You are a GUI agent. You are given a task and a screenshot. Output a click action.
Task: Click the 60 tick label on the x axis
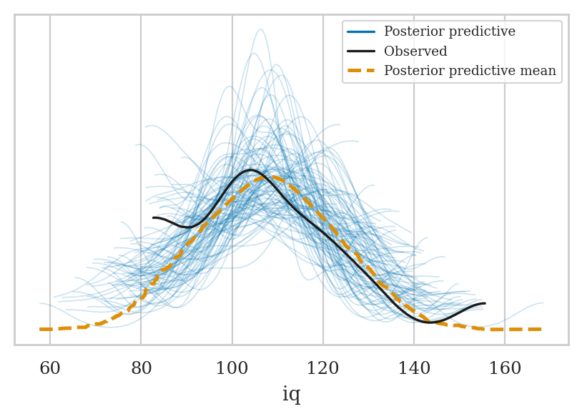tap(49, 369)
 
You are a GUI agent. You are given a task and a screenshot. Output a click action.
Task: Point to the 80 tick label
tap(141, 369)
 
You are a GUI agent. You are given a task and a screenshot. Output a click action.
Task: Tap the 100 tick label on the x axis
tap(232, 369)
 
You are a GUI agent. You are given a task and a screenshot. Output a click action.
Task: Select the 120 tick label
tap(323, 369)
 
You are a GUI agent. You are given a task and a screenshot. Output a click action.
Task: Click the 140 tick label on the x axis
tap(414, 369)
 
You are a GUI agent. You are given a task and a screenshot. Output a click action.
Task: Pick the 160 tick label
tap(505, 369)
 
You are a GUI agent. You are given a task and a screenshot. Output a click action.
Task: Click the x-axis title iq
tap(291, 394)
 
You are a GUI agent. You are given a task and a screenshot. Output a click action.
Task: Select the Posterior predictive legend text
tap(449, 32)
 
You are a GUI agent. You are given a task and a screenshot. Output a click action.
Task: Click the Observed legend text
tap(415, 51)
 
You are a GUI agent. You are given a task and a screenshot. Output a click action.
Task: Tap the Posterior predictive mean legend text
tap(470, 71)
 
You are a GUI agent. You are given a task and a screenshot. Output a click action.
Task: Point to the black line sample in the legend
tap(362, 51)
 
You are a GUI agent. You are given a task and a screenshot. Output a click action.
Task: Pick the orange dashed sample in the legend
tap(362, 71)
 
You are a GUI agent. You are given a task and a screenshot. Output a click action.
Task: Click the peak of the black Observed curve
tap(250, 170)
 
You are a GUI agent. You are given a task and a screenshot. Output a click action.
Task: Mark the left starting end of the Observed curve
tap(154, 217)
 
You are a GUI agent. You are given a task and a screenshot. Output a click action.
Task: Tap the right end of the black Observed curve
tap(485, 304)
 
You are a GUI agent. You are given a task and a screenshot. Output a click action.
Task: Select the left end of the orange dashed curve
tap(41, 329)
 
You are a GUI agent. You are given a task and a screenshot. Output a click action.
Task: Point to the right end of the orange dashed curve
tap(541, 329)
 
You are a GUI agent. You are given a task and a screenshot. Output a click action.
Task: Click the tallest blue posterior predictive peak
tap(260, 29)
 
